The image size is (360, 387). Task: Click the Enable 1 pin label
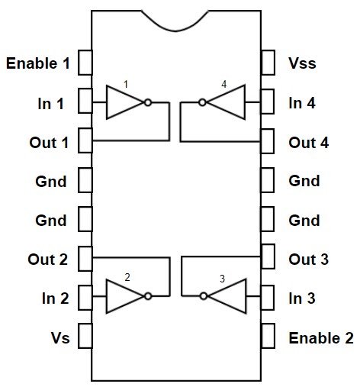pyautogui.click(x=38, y=63)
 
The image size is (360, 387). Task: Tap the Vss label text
pyautogui.click(x=302, y=63)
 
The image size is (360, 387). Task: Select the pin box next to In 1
pyautogui.click(x=85, y=101)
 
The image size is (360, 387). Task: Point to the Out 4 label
pyautogui.click(x=309, y=143)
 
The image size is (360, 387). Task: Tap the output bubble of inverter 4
pyautogui.click(x=202, y=102)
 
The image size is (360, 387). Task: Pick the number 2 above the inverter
pyautogui.click(x=127, y=277)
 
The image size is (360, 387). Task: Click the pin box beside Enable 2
pyautogui.click(x=268, y=336)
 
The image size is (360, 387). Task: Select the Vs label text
pyautogui.click(x=60, y=338)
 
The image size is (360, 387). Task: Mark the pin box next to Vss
pyautogui.click(x=268, y=63)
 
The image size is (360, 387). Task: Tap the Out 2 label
pyautogui.click(x=48, y=260)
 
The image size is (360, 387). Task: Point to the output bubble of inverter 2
pyautogui.click(x=148, y=296)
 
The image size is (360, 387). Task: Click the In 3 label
pyautogui.click(x=302, y=298)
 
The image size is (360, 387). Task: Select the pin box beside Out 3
pyautogui.click(x=268, y=256)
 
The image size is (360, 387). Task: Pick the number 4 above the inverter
pyautogui.click(x=224, y=84)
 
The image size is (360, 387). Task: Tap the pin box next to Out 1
pyautogui.click(x=85, y=140)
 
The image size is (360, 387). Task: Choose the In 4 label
pyautogui.click(x=302, y=103)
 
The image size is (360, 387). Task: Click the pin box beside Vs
pyautogui.click(x=85, y=336)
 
